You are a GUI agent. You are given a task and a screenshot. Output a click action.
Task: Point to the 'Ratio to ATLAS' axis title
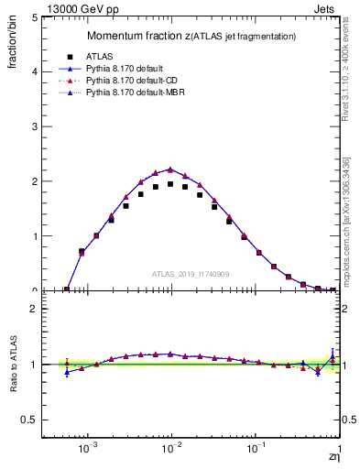coord(13,365)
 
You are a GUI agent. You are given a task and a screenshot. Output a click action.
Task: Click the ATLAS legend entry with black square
coord(110,55)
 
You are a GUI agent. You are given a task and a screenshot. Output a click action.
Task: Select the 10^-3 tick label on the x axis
coord(88,449)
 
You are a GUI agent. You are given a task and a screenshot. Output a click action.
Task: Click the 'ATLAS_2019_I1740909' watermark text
coord(191,274)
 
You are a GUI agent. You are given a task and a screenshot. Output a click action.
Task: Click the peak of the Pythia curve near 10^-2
coord(170,169)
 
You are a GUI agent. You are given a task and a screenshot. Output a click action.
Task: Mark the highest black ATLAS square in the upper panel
coord(170,184)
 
